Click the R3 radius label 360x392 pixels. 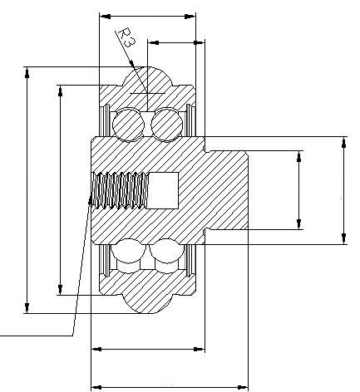[126, 39]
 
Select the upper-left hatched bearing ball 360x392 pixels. [129, 125]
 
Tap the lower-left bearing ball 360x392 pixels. [129, 252]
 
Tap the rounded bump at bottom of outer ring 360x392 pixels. [147, 301]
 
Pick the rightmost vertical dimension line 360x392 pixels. [343, 191]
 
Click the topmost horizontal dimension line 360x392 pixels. [147, 15]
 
